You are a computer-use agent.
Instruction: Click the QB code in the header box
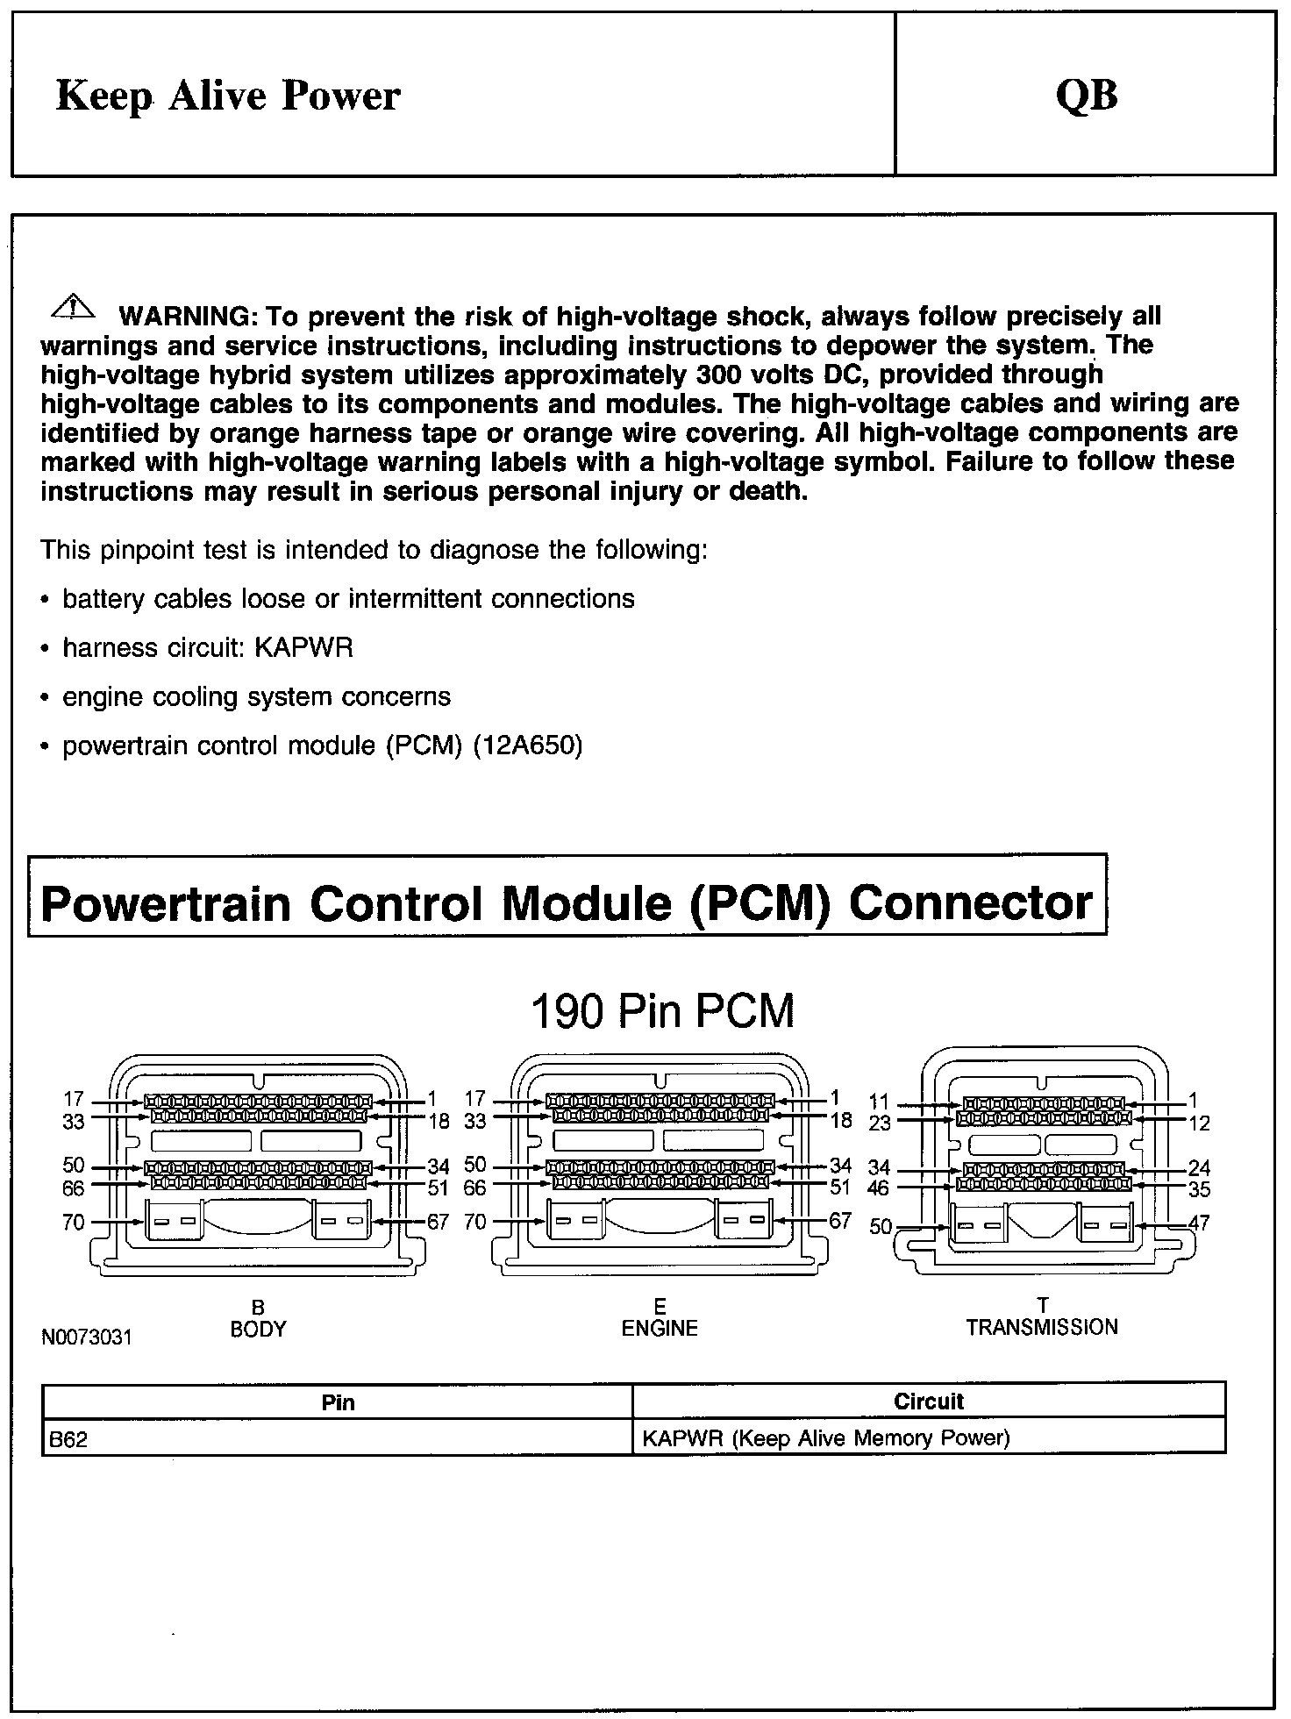coord(1087,95)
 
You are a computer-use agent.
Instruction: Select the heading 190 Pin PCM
coord(662,1011)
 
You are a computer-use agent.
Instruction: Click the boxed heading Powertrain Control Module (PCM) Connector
coord(567,902)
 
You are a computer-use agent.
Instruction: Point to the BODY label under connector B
coord(258,1329)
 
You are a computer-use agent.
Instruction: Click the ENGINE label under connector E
coord(660,1328)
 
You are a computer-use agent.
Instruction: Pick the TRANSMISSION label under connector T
coord(1042,1327)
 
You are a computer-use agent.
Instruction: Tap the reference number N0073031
coord(86,1337)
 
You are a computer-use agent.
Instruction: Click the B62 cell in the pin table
coord(69,1439)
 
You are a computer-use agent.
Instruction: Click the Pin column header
coord(339,1402)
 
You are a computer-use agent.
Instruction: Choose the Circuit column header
coord(929,1402)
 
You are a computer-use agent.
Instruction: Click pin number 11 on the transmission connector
coord(879,1102)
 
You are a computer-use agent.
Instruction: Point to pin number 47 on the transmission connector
coord(1198,1223)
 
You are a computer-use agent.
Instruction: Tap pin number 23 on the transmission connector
coord(879,1123)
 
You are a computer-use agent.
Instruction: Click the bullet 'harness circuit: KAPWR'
coord(208,648)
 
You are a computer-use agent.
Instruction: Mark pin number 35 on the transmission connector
coord(1199,1190)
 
